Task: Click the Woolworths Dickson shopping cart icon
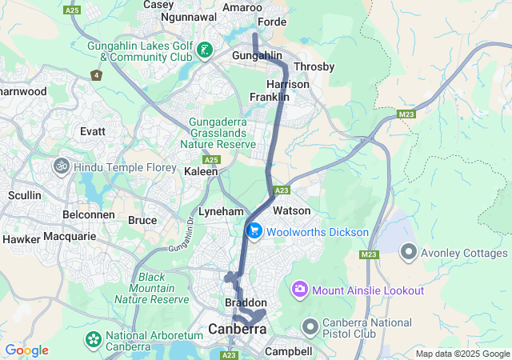(x=254, y=231)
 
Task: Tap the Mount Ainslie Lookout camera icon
(x=300, y=289)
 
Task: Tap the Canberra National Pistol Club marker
(x=310, y=326)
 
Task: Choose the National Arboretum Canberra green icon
(x=94, y=340)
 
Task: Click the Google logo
(x=26, y=350)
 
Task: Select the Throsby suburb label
(x=314, y=67)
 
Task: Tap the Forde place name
(x=272, y=22)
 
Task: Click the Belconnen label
(x=88, y=215)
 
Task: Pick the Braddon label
(x=245, y=303)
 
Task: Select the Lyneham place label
(x=220, y=210)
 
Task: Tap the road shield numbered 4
(x=97, y=75)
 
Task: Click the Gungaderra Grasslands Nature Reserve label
(x=222, y=133)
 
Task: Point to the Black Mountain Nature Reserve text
(x=157, y=288)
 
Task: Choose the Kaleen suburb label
(x=201, y=171)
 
